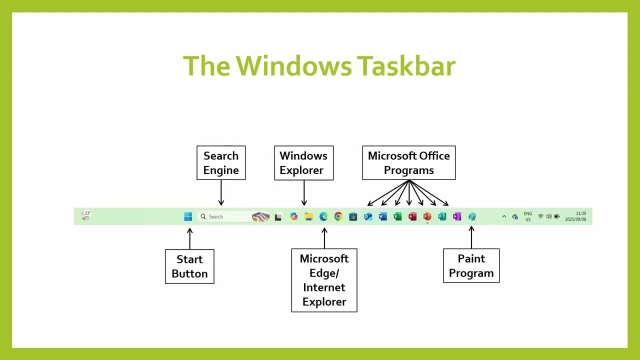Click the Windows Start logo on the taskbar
(x=188, y=216)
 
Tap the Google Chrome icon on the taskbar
(x=338, y=216)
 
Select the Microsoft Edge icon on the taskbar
(x=323, y=216)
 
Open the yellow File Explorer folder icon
(x=308, y=216)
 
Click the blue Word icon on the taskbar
(x=383, y=216)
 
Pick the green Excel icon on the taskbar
(x=397, y=216)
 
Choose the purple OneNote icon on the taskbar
(x=457, y=216)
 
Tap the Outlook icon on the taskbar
(x=368, y=216)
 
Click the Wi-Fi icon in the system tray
(x=540, y=216)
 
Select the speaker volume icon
(x=548, y=216)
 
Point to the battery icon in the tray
(x=557, y=216)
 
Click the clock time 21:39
(x=581, y=213)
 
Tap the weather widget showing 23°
(x=85, y=215)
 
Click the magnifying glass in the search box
(x=203, y=216)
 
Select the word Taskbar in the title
(x=406, y=65)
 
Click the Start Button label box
(x=189, y=266)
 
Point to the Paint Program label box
(x=471, y=265)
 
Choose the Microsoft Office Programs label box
(x=409, y=163)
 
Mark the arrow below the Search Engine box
(x=221, y=193)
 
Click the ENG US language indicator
(x=527, y=216)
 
